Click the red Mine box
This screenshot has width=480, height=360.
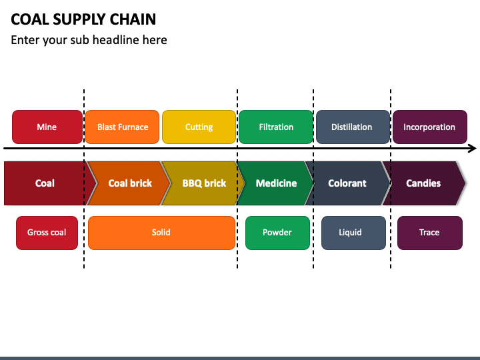(47, 127)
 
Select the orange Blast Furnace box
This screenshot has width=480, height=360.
(122, 127)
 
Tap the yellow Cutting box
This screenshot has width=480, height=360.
(199, 127)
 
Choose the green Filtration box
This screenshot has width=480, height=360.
(276, 127)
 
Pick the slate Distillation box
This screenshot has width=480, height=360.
(353, 127)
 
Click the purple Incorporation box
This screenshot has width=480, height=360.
(430, 127)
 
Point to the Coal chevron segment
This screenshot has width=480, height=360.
(46, 183)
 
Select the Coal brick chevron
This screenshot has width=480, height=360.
(129, 183)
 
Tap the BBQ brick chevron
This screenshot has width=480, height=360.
(203, 183)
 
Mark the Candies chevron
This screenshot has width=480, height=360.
(424, 183)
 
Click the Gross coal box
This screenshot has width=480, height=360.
(47, 233)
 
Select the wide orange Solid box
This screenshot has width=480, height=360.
(161, 233)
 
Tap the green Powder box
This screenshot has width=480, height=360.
(277, 233)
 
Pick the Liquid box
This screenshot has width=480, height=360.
(353, 233)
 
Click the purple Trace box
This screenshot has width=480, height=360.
(430, 233)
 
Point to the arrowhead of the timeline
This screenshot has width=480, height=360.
(476, 149)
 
